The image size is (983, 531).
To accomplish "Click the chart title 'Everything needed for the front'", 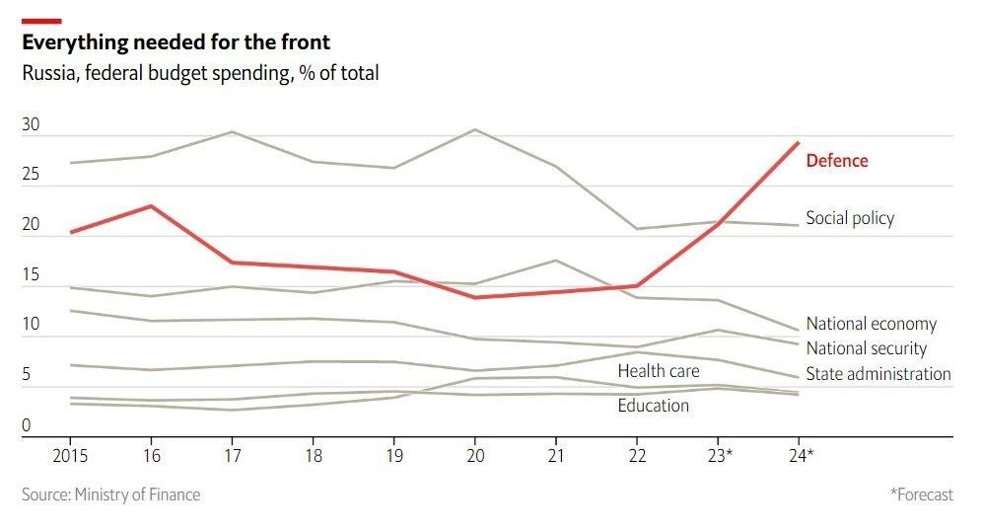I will click(x=176, y=42).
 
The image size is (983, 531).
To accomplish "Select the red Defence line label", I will click(x=837, y=161).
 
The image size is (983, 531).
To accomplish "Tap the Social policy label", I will click(x=850, y=218).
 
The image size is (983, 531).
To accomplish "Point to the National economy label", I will click(x=871, y=324).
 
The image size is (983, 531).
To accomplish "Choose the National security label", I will click(x=866, y=347).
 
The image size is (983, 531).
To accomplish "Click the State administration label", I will click(x=878, y=373).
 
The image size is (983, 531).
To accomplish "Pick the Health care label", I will click(x=658, y=371).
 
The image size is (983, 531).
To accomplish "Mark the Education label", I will click(x=653, y=405).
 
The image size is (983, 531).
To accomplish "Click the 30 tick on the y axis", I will click(x=31, y=125).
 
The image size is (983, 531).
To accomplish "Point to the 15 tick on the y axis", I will click(x=31, y=275).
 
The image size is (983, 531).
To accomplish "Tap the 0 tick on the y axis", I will click(x=27, y=425).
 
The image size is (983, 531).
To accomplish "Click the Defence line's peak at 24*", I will click(x=798, y=143).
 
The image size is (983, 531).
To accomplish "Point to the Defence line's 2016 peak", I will click(x=151, y=206).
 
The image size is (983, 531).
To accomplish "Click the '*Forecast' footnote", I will click(x=921, y=494).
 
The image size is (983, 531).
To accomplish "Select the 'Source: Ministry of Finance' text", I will click(x=110, y=494).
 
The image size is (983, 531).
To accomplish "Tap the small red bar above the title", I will click(x=41, y=21).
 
